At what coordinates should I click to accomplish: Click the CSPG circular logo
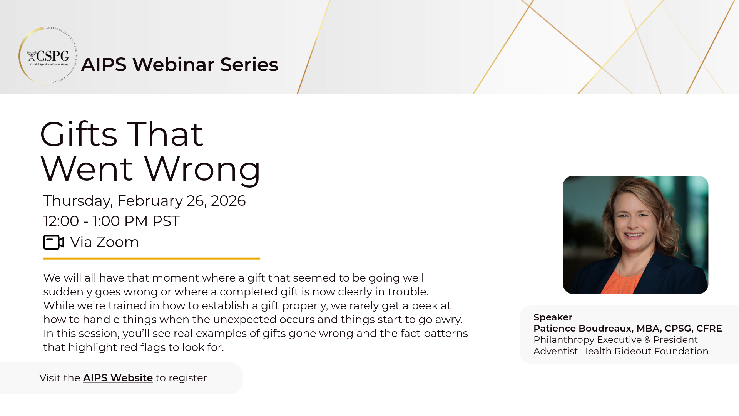pos(48,56)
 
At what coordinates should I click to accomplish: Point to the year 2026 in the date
pos(228,201)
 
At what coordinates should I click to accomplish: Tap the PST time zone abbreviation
pos(166,221)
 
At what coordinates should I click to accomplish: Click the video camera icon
pos(53,242)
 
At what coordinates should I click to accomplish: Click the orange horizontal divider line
pos(152,258)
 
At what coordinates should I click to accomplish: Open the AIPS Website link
pos(118,378)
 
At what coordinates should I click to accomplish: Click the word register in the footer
pos(188,378)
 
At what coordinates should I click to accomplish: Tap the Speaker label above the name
pos(553,317)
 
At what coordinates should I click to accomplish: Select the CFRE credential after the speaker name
pos(709,329)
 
